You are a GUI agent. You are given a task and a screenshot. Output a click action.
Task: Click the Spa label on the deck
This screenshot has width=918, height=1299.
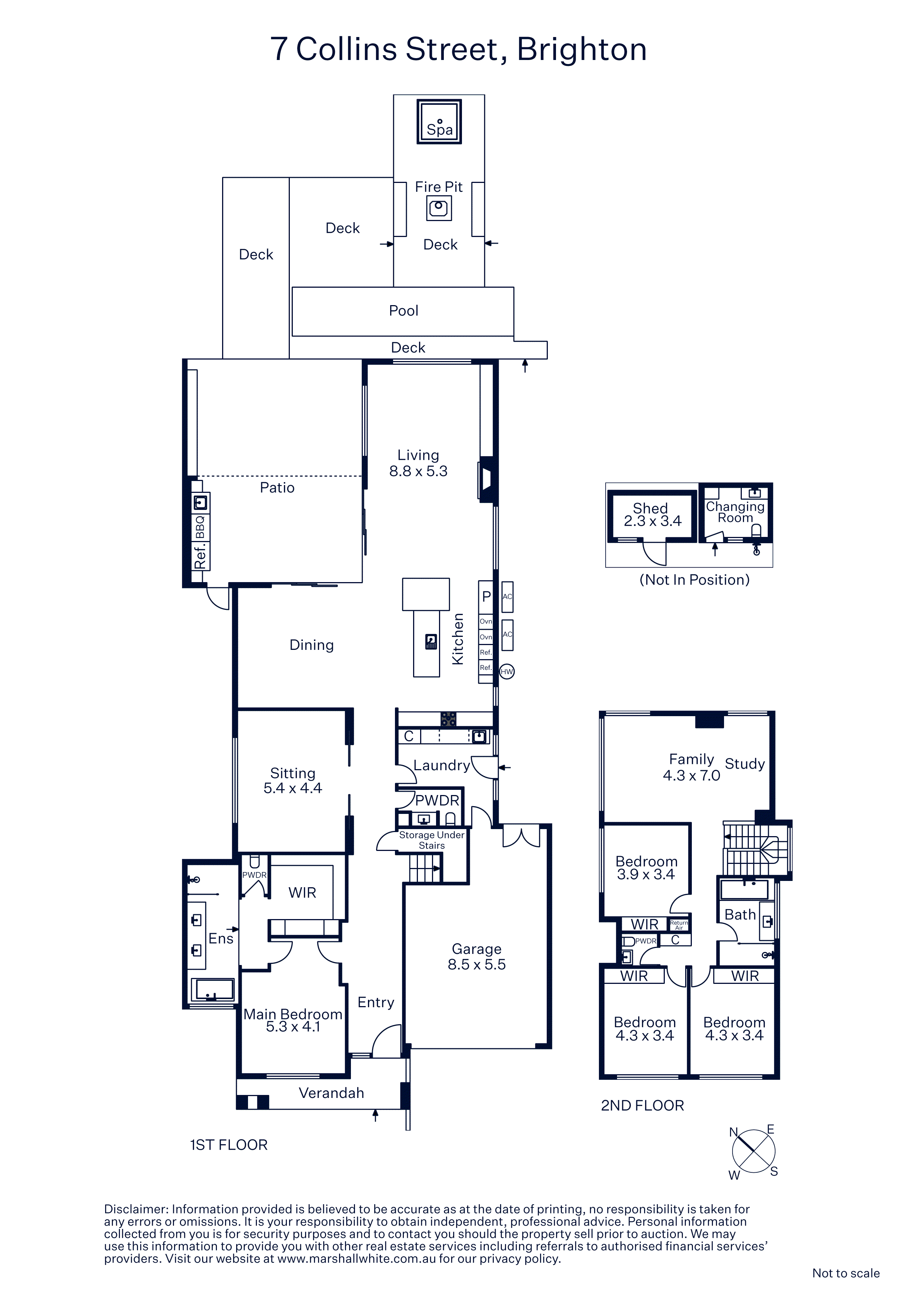[x=439, y=130]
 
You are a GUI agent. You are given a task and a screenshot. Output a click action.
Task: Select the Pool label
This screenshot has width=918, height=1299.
[x=403, y=311]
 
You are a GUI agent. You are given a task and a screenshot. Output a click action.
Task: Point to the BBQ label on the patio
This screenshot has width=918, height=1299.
[x=200, y=527]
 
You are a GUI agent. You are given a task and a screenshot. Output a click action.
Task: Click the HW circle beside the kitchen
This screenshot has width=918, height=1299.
[x=507, y=672]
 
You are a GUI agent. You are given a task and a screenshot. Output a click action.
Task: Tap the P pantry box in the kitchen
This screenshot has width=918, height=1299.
[x=486, y=597]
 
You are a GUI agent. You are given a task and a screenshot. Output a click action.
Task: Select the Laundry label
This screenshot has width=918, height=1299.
[x=442, y=765]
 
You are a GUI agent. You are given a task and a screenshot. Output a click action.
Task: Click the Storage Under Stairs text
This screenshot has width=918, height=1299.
[x=432, y=840]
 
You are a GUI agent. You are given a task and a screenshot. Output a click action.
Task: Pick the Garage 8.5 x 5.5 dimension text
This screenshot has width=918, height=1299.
[x=477, y=965]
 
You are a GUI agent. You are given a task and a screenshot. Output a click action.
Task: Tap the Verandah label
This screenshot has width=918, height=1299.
[x=331, y=1093]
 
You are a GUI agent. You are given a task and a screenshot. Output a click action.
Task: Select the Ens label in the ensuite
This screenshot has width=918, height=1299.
[x=221, y=939]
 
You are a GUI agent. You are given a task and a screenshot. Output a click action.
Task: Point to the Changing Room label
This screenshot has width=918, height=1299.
[x=735, y=512]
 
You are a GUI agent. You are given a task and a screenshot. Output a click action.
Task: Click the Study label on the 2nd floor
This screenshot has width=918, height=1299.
[x=745, y=764]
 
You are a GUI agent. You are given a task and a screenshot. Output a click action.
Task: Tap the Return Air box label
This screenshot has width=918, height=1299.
[x=679, y=925]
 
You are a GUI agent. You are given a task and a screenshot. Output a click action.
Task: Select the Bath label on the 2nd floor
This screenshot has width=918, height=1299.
[x=740, y=915]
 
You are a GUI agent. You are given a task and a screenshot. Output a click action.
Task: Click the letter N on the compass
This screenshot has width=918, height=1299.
[x=734, y=1132]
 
